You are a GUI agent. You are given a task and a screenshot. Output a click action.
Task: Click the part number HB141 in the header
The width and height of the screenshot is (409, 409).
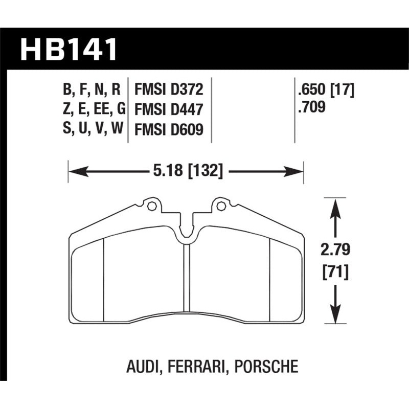[x=69, y=50]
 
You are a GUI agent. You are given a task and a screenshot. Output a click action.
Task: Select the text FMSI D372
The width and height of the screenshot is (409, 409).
[x=169, y=90]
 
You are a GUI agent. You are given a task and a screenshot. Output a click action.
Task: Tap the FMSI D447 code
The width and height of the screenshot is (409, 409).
[x=169, y=109]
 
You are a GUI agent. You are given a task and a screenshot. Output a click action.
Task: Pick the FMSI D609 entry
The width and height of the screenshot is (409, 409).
[x=169, y=130]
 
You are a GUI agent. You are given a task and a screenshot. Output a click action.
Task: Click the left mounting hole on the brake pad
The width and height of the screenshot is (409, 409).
[x=150, y=207]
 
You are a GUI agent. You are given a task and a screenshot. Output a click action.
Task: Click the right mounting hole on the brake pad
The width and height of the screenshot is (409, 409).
[x=221, y=207]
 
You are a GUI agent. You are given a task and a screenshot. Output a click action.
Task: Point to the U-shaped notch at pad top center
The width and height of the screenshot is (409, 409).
[x=186, y=233]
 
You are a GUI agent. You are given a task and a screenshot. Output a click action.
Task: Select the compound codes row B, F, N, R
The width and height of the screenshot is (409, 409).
[x=92, y=90]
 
